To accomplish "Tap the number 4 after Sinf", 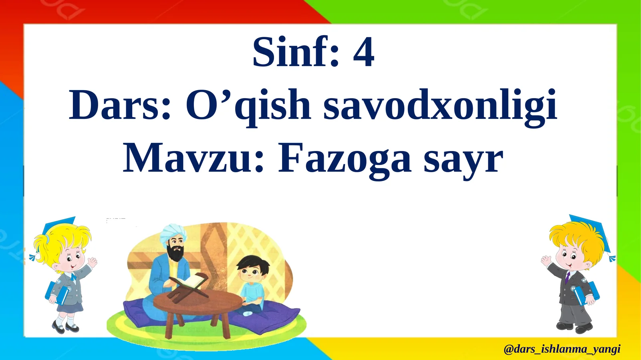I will [363, 53].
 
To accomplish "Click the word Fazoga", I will [345, 159].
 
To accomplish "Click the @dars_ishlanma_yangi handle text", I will [562, 349].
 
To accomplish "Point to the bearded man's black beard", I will [175, 253].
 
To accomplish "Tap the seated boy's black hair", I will [252, 263].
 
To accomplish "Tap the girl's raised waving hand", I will [93, 263].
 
